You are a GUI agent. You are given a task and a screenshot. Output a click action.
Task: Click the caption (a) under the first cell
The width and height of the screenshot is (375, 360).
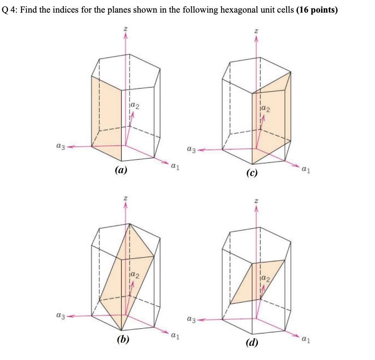(x=121, y=171)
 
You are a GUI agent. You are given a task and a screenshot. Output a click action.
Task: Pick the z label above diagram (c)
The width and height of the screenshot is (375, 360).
(x=256, y=31)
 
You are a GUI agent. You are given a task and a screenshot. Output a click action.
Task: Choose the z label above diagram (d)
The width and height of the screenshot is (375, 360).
(x=256, y=201)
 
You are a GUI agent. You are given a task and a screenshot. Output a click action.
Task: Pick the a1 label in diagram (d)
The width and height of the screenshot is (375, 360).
(x=306, y=338)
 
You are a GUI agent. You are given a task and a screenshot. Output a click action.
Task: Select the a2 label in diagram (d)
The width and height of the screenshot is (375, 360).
(x=266, y=277)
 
